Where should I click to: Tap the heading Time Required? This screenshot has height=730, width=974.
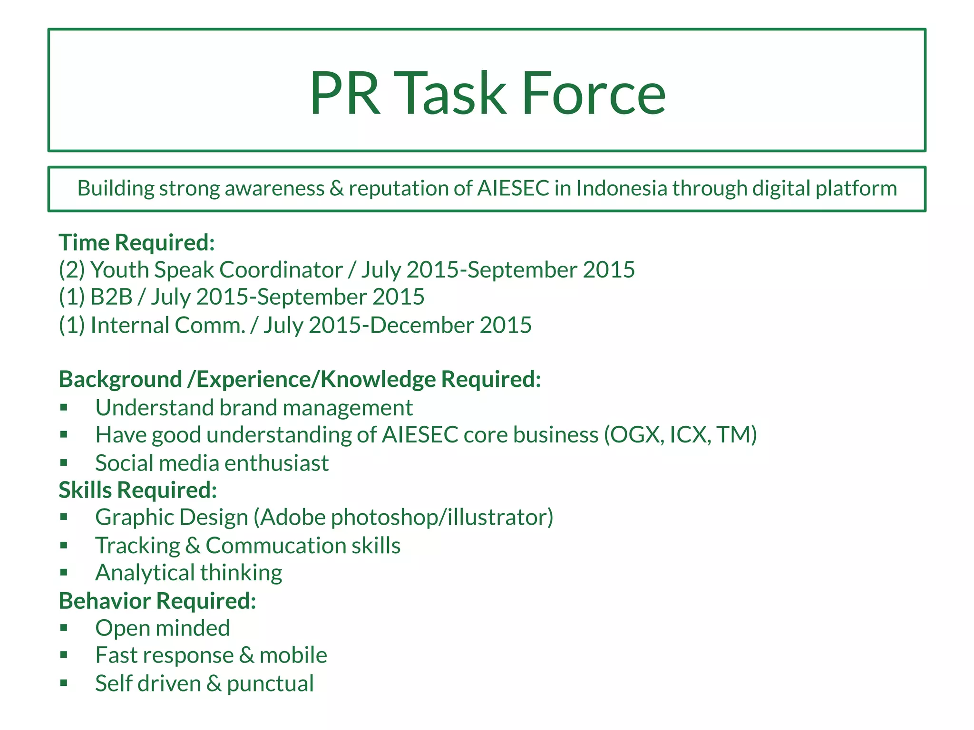pos(137,242)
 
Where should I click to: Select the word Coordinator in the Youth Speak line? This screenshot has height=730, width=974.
pos(281,270)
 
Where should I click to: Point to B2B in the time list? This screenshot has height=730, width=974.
pos(111,297)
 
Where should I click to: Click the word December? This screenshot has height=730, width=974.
pos(422,326)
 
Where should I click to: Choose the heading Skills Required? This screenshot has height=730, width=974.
pos(138,490)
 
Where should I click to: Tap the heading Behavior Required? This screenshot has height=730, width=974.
pos(157,601)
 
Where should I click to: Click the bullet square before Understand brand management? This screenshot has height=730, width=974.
pos(64,407)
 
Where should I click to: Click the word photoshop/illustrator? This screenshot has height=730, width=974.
pos(442,517)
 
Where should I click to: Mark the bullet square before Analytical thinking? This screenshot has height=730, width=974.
pos(64,572)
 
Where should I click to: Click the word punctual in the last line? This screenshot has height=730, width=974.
pos(270,684)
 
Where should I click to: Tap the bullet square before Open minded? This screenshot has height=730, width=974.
pos(64,627)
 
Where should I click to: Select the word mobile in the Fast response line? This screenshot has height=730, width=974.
pos(293,655)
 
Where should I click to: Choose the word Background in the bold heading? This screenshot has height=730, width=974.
pos(120,379)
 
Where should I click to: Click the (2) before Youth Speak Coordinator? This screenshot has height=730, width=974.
pos(72,270)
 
